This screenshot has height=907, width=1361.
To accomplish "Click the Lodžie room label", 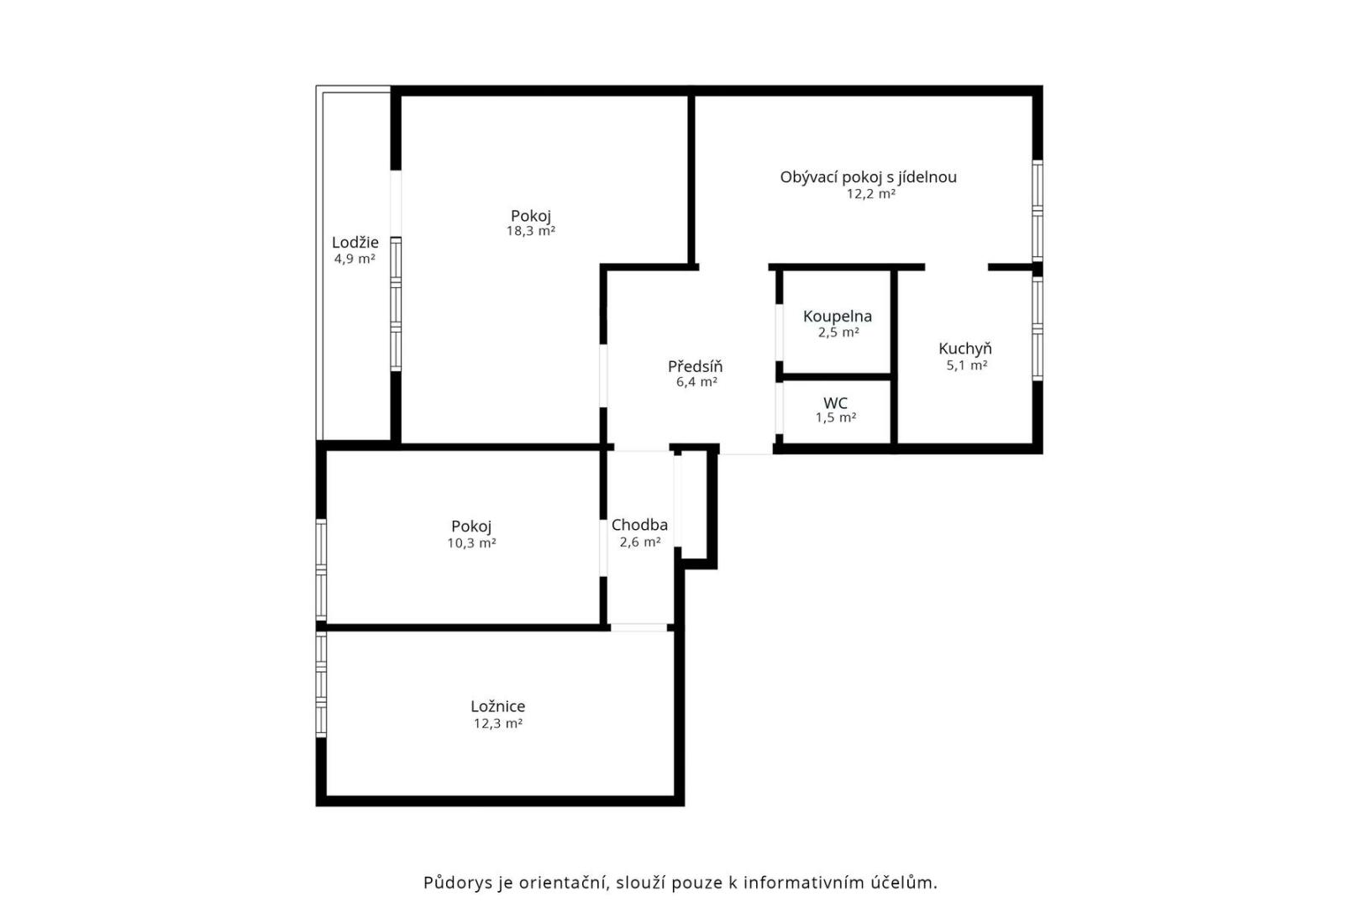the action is pos(355,243).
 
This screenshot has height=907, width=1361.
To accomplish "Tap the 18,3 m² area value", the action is pos(531,232).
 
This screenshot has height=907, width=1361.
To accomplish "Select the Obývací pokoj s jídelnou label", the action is pos(868,177).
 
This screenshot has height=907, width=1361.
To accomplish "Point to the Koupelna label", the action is pos(838,316).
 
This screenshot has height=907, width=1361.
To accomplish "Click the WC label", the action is pos(835,403).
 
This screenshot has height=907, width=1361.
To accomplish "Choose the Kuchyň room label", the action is pos(964,349).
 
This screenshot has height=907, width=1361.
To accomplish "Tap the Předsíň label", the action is pos(695,366).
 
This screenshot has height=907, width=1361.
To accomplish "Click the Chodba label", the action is pos(639,524).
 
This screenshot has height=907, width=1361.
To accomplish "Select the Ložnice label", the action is pos(497,706).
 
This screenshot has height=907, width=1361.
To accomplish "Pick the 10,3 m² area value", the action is pos(471,543).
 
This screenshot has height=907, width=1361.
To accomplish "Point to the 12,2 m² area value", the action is pos(871,194).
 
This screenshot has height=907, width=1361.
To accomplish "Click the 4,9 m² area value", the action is pos(355,260).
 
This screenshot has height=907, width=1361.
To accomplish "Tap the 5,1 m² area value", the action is pos(967,365).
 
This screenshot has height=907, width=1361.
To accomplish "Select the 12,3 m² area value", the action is pos(498,724).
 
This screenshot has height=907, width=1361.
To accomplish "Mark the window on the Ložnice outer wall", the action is pos(321,684).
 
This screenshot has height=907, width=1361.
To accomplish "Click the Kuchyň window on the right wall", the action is pos(1038,328).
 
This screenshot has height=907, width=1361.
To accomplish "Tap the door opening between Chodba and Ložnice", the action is pos(638,627).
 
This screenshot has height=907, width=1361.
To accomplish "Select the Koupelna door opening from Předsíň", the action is pos(779,333).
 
